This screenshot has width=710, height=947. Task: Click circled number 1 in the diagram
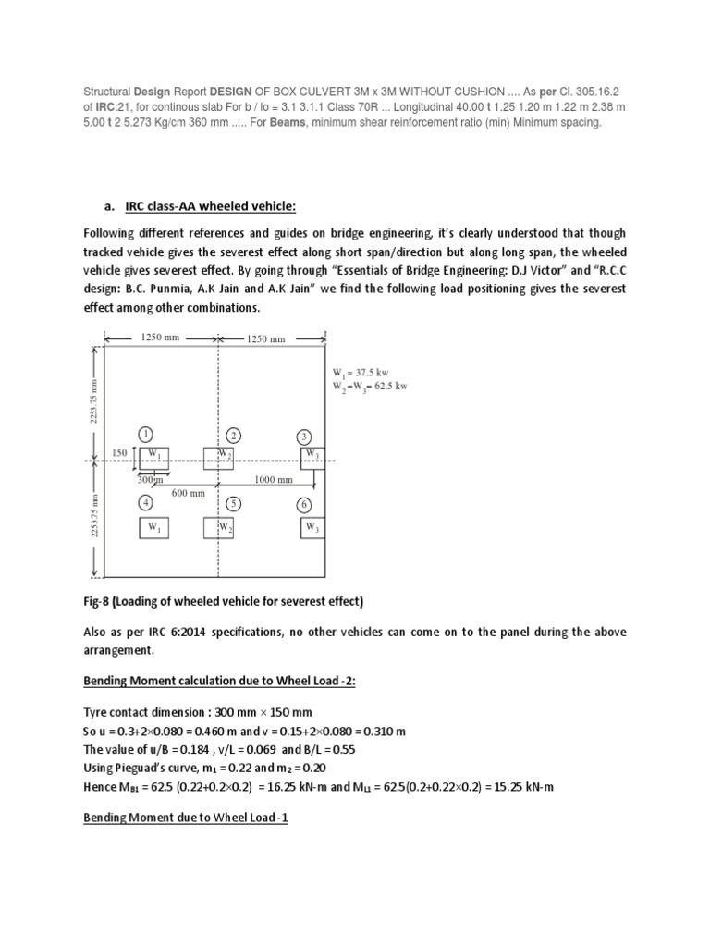(145, 434)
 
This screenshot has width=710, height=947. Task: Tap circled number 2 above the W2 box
(235, 436)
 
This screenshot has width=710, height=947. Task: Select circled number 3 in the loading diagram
(303, 437)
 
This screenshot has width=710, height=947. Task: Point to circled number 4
(145, 503)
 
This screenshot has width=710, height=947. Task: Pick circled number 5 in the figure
(235, 504)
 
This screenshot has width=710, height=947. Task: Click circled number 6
(303, 505)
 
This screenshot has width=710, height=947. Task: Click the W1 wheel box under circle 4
(153, 528)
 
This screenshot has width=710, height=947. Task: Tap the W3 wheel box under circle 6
(312, 528)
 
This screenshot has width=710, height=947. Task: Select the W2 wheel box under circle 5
(219, 528)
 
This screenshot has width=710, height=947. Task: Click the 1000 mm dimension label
(274, 480)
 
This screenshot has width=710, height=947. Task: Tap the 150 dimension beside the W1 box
(119, 452)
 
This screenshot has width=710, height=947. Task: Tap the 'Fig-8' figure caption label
(100, 601)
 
